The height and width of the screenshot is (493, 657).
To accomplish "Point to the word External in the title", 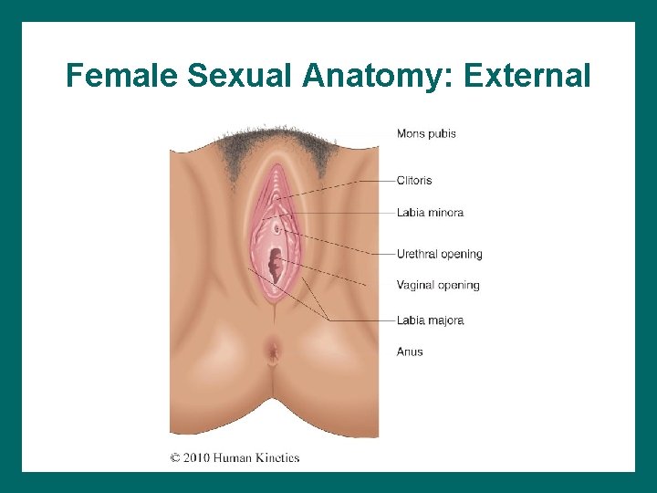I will coord(527,75).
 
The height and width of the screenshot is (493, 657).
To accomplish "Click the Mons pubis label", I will coord(426,133).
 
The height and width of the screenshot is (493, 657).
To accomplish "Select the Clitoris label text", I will coord(414,181).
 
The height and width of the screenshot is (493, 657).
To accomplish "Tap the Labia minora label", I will coord(430,213).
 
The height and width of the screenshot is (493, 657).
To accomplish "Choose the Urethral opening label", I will coord(439,254).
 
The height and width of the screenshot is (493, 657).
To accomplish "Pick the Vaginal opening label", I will coord(438,286).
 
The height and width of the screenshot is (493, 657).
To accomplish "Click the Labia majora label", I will coord(430,320).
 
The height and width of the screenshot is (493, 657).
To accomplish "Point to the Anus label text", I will coord(410,351).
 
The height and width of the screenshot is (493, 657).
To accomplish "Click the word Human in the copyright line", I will coord(231,457).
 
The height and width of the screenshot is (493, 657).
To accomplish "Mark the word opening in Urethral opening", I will coord(461,255).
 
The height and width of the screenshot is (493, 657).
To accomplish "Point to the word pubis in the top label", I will coord(442,134).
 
